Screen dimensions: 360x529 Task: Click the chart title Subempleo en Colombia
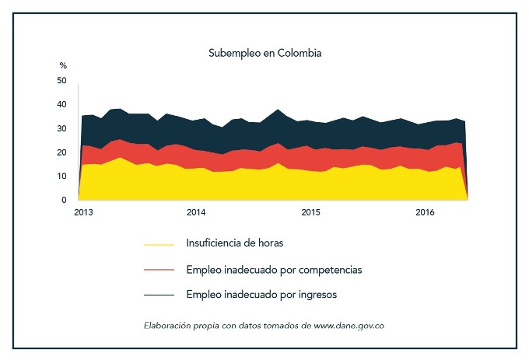point(264,54)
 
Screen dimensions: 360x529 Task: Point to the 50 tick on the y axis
point(62,81)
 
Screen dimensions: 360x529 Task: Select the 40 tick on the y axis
point(62,105)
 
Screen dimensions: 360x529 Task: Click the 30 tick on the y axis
point(62,129)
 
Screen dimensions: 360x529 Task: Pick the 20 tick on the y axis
point(62,152)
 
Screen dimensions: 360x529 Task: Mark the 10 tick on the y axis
point(62,177)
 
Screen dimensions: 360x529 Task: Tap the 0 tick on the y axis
point(65,200)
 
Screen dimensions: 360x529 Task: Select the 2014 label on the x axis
point(195,212)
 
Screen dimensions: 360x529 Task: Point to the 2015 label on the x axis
point(310,212)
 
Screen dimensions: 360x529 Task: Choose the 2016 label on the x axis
point(425,212)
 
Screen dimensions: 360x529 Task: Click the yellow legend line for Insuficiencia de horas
point(159,244)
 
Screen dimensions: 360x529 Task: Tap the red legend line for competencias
point(159,270)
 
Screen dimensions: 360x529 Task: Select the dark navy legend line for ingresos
point(159,295)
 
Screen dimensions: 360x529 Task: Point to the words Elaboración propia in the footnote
point(177,325)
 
